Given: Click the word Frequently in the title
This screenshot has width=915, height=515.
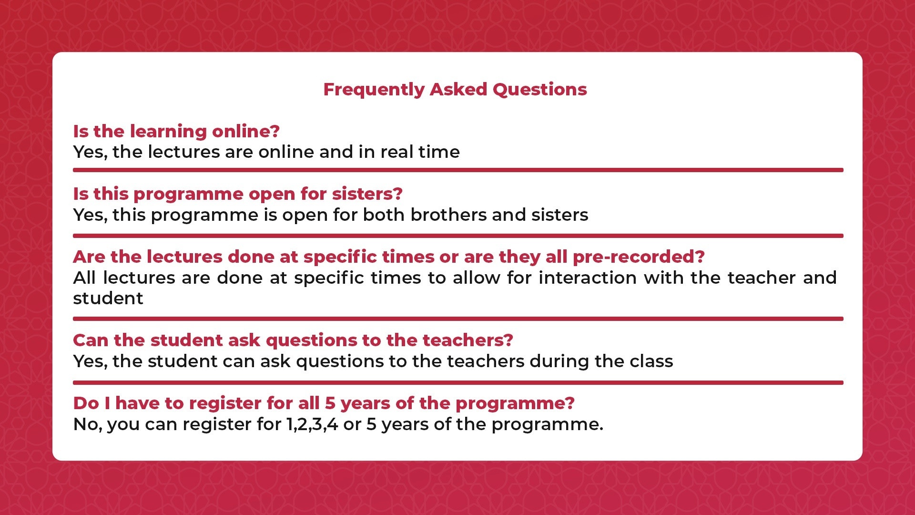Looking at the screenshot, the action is [x=374, y=90].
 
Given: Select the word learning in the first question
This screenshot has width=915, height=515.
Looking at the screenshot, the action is [x=168, y=132].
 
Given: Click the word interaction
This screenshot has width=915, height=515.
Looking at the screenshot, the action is [x=588, y=278].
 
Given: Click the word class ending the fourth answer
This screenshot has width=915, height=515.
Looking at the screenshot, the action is [x=651, y=361].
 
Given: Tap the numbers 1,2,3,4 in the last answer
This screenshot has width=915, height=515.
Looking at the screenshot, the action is [x=312, y=425].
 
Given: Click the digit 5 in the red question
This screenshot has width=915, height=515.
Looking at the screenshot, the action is [x=330, y=403].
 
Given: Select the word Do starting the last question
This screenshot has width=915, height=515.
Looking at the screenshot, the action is [x=86, y=403].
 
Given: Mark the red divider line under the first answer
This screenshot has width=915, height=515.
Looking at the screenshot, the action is [x=458, y=170].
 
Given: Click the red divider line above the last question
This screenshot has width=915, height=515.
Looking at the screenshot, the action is [x=458, y=383].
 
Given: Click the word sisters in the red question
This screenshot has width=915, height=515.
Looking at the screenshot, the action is [x=367, y=194].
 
